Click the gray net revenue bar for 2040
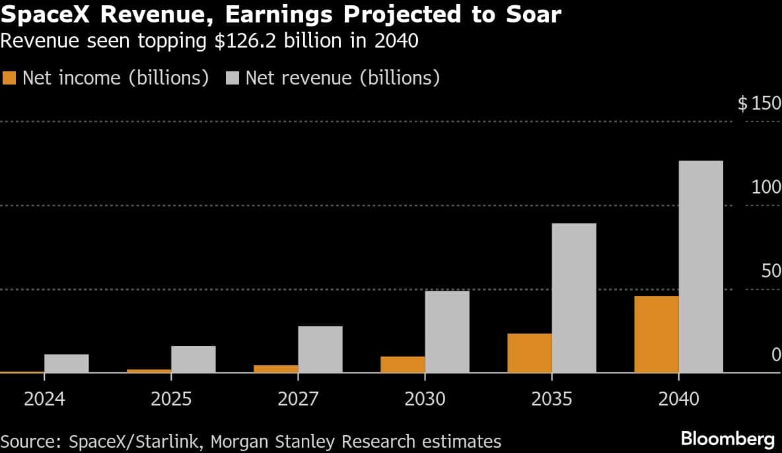701,267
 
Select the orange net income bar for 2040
656,334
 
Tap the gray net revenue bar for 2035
574,298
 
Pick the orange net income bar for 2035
529,353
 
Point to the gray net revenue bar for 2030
447,332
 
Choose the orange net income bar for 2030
402,365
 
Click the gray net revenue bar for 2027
320,349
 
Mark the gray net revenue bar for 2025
194,359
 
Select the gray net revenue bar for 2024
67,363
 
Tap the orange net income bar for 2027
275,369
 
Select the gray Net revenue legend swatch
232,78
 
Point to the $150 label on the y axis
759,104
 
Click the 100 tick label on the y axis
766,188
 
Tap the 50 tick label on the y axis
771,271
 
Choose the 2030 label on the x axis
425,400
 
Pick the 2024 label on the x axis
44,400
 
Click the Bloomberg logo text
727,439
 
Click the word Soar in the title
531,15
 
